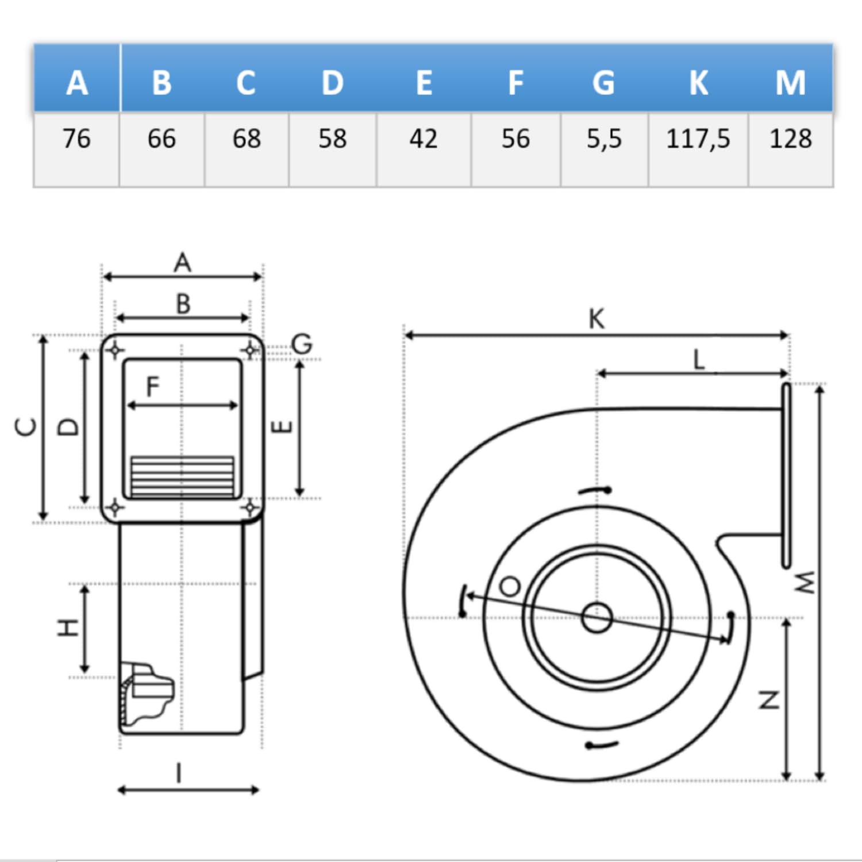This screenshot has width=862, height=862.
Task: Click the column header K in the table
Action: click(698, 83)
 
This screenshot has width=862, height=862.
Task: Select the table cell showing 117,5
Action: click(698, 139)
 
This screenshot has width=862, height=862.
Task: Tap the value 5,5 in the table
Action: click(604, 139)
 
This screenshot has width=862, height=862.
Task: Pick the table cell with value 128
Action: click(791, 139)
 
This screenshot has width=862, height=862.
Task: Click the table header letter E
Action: click(424, 83)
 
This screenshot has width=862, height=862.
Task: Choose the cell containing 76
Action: click(76, 139)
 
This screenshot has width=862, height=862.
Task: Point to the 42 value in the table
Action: click(424, 139)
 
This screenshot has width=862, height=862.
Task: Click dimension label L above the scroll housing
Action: click(699, 360)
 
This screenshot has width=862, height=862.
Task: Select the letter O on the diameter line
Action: click(510, 587)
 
